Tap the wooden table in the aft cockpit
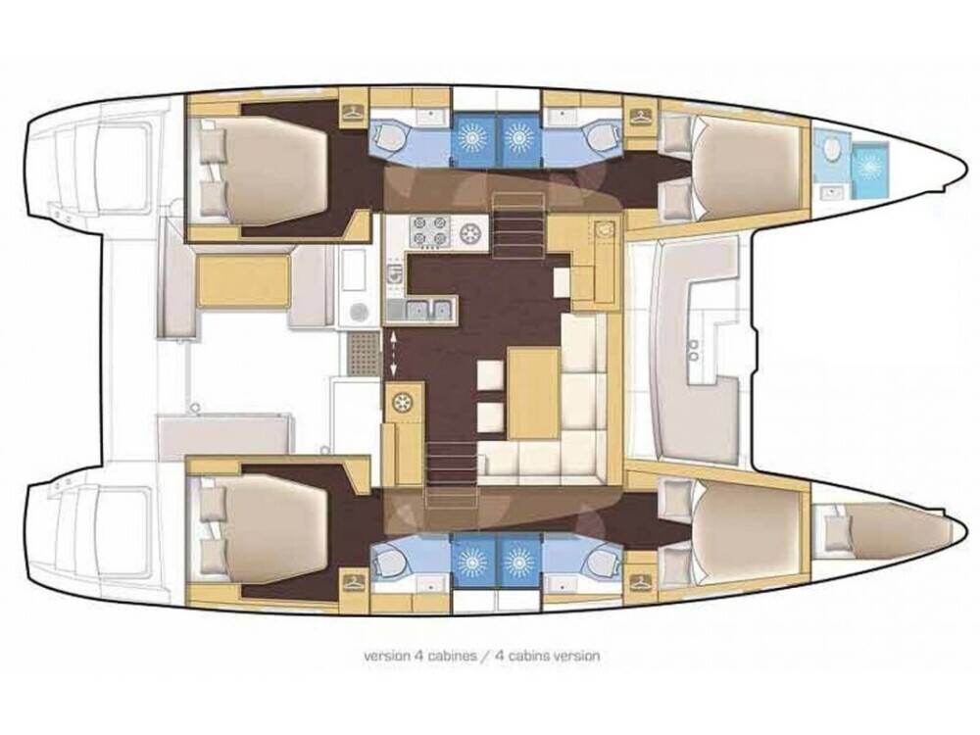243,281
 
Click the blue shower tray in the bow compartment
869,165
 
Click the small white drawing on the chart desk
605,228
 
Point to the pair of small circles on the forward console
695,349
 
